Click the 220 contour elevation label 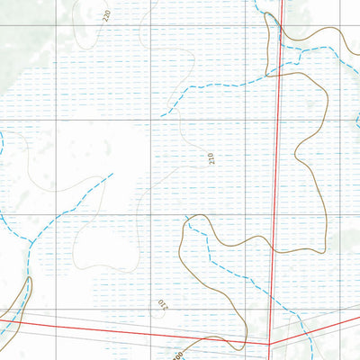[106, 14]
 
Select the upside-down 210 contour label [162, 306]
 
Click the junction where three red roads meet [270, 343]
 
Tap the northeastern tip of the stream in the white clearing [112, 174]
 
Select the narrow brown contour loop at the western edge [22, 297]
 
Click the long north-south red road [275, 180]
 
